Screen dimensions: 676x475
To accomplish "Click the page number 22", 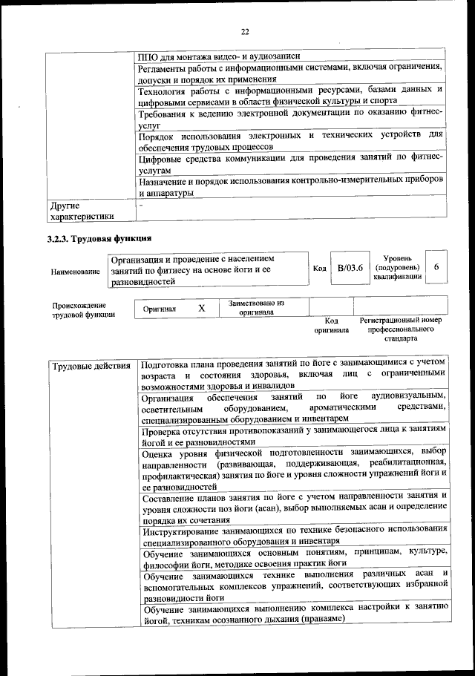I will pyautogui.click(x=244, y=31).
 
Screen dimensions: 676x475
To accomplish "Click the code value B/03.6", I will pyautogui.click(x=348, y=268).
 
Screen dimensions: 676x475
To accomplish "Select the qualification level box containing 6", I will pyautogui.click(x=437, y=268).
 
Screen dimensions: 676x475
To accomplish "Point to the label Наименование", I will pyautogui.click(x=75, y=272).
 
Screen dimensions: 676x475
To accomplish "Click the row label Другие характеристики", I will pyautogui.click(x=81, y=210).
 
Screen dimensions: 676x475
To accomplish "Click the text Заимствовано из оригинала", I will pyautogui.click(x=256, y=308).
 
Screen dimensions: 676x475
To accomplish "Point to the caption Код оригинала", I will pyautogui.click(x=331, y=324).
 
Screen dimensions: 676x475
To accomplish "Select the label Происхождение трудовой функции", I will pyautogui.click(x=83, y=309).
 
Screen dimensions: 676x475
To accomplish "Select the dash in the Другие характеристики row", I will pyautogui.click(x=141, y=203).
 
